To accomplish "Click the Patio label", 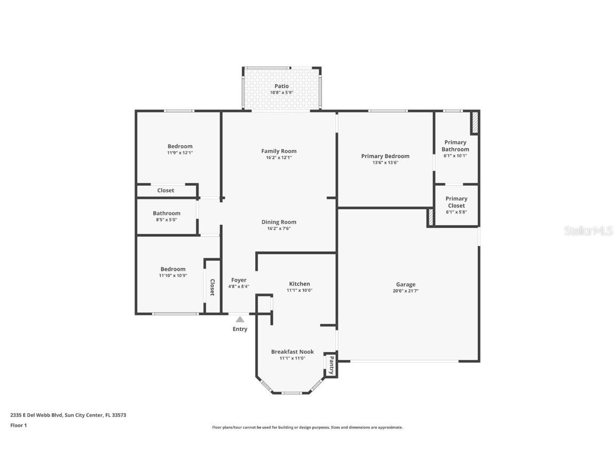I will pos(281,86).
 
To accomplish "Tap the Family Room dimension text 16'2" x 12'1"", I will pos(279,157).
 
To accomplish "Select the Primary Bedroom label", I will pos(385,156).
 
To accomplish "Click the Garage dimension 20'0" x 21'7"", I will pos(405,291).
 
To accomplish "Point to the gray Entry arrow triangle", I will pos(240,319).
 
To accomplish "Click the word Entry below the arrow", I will pos(240,329).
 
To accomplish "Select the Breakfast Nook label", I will pos(292,352).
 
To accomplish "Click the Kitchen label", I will pos(299,284).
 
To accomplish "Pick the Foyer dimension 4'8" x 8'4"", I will pos(239,287).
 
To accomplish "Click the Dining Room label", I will pos(279,222).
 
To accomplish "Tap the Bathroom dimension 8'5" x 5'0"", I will pos(167,220).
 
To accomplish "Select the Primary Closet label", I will pos(456,202).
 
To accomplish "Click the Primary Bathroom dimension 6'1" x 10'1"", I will pos(455,156).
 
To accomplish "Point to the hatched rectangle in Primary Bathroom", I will pos(474,123).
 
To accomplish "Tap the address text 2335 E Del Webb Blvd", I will pos(37,415).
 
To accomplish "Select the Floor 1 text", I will pos(18,425).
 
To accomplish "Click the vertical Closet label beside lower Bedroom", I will pos(212,287).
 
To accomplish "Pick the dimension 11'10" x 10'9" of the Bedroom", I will pos(173,276).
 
